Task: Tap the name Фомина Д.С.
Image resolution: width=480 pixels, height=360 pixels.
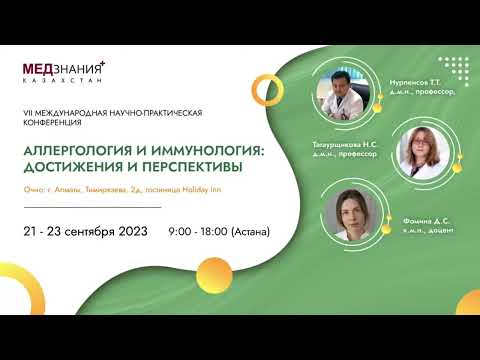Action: click(x=430, y=218)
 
